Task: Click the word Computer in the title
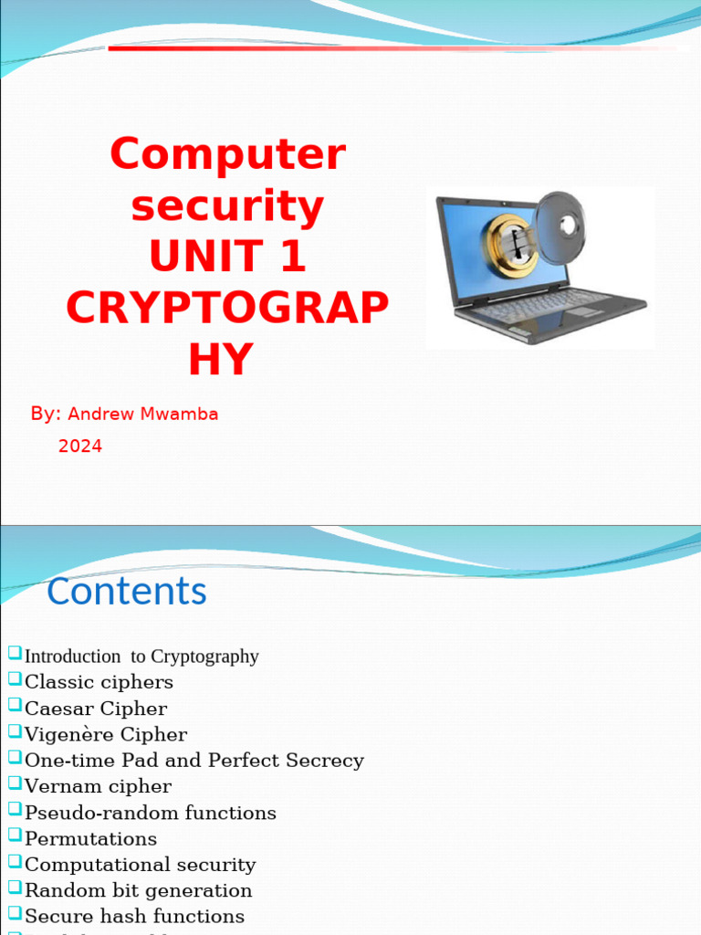tap(227, 154)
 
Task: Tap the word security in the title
tap(227, 206)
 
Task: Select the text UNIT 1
tap(227, 257)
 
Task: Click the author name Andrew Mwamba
tap(143, 414)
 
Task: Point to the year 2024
tap(80, 446)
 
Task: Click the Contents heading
tap(127, 591)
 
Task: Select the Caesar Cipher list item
tap(96, 709)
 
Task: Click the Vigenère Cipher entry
tap(106, 734)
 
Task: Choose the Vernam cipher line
tap(98, 786)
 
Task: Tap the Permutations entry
tap(90, 838)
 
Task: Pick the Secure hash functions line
tap(134, 916)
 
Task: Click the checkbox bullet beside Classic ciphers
tap(15, 679)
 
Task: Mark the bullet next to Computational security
tap(15, 862)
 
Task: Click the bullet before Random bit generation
tap(15, 888)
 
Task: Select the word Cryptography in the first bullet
tap(204, 657)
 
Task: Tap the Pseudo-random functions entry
tap(150, 813)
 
